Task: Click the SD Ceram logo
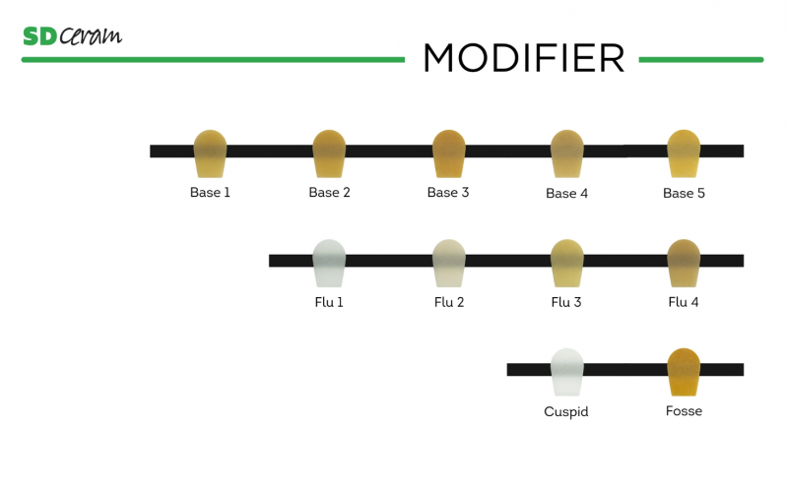(72, 35)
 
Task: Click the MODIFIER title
(523, 58)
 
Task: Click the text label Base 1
(210, 193)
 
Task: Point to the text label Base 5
(684, 193)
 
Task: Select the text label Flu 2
(448, 302)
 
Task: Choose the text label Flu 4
(684, 302)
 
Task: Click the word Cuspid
(566, 411)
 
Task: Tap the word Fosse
(684, 410)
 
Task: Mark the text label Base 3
(448, 193)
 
